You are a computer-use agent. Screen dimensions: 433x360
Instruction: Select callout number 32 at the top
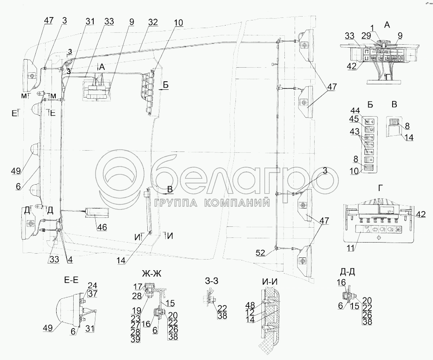click(153, 22)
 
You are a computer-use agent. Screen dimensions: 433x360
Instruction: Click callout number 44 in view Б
click(355, 110)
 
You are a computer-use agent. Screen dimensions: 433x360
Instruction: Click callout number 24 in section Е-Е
click(92, 286)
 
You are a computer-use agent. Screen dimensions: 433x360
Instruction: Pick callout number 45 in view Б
click(355, 119)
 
